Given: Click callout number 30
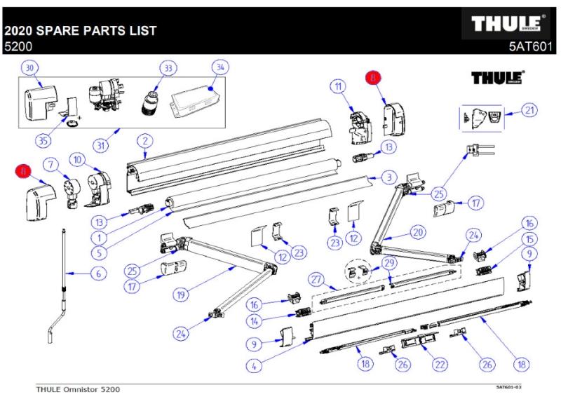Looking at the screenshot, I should [29, 67].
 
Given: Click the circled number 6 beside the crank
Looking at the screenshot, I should [99, 273].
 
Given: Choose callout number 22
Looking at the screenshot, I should [440, 364].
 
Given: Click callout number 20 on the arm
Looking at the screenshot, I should [418, 231].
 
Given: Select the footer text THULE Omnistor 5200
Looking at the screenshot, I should [78, 388].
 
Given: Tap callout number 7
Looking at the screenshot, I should [50, 165].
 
